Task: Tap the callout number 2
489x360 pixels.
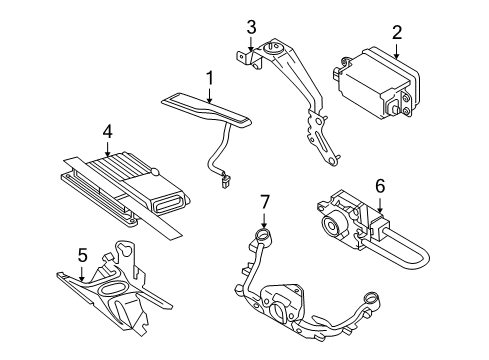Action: (396, 33)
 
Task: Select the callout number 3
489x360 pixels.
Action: (252, 27)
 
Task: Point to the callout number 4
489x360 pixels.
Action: (107, 131)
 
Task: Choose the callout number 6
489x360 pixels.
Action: (379, 186)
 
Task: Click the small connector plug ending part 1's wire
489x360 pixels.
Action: (227, 182)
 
